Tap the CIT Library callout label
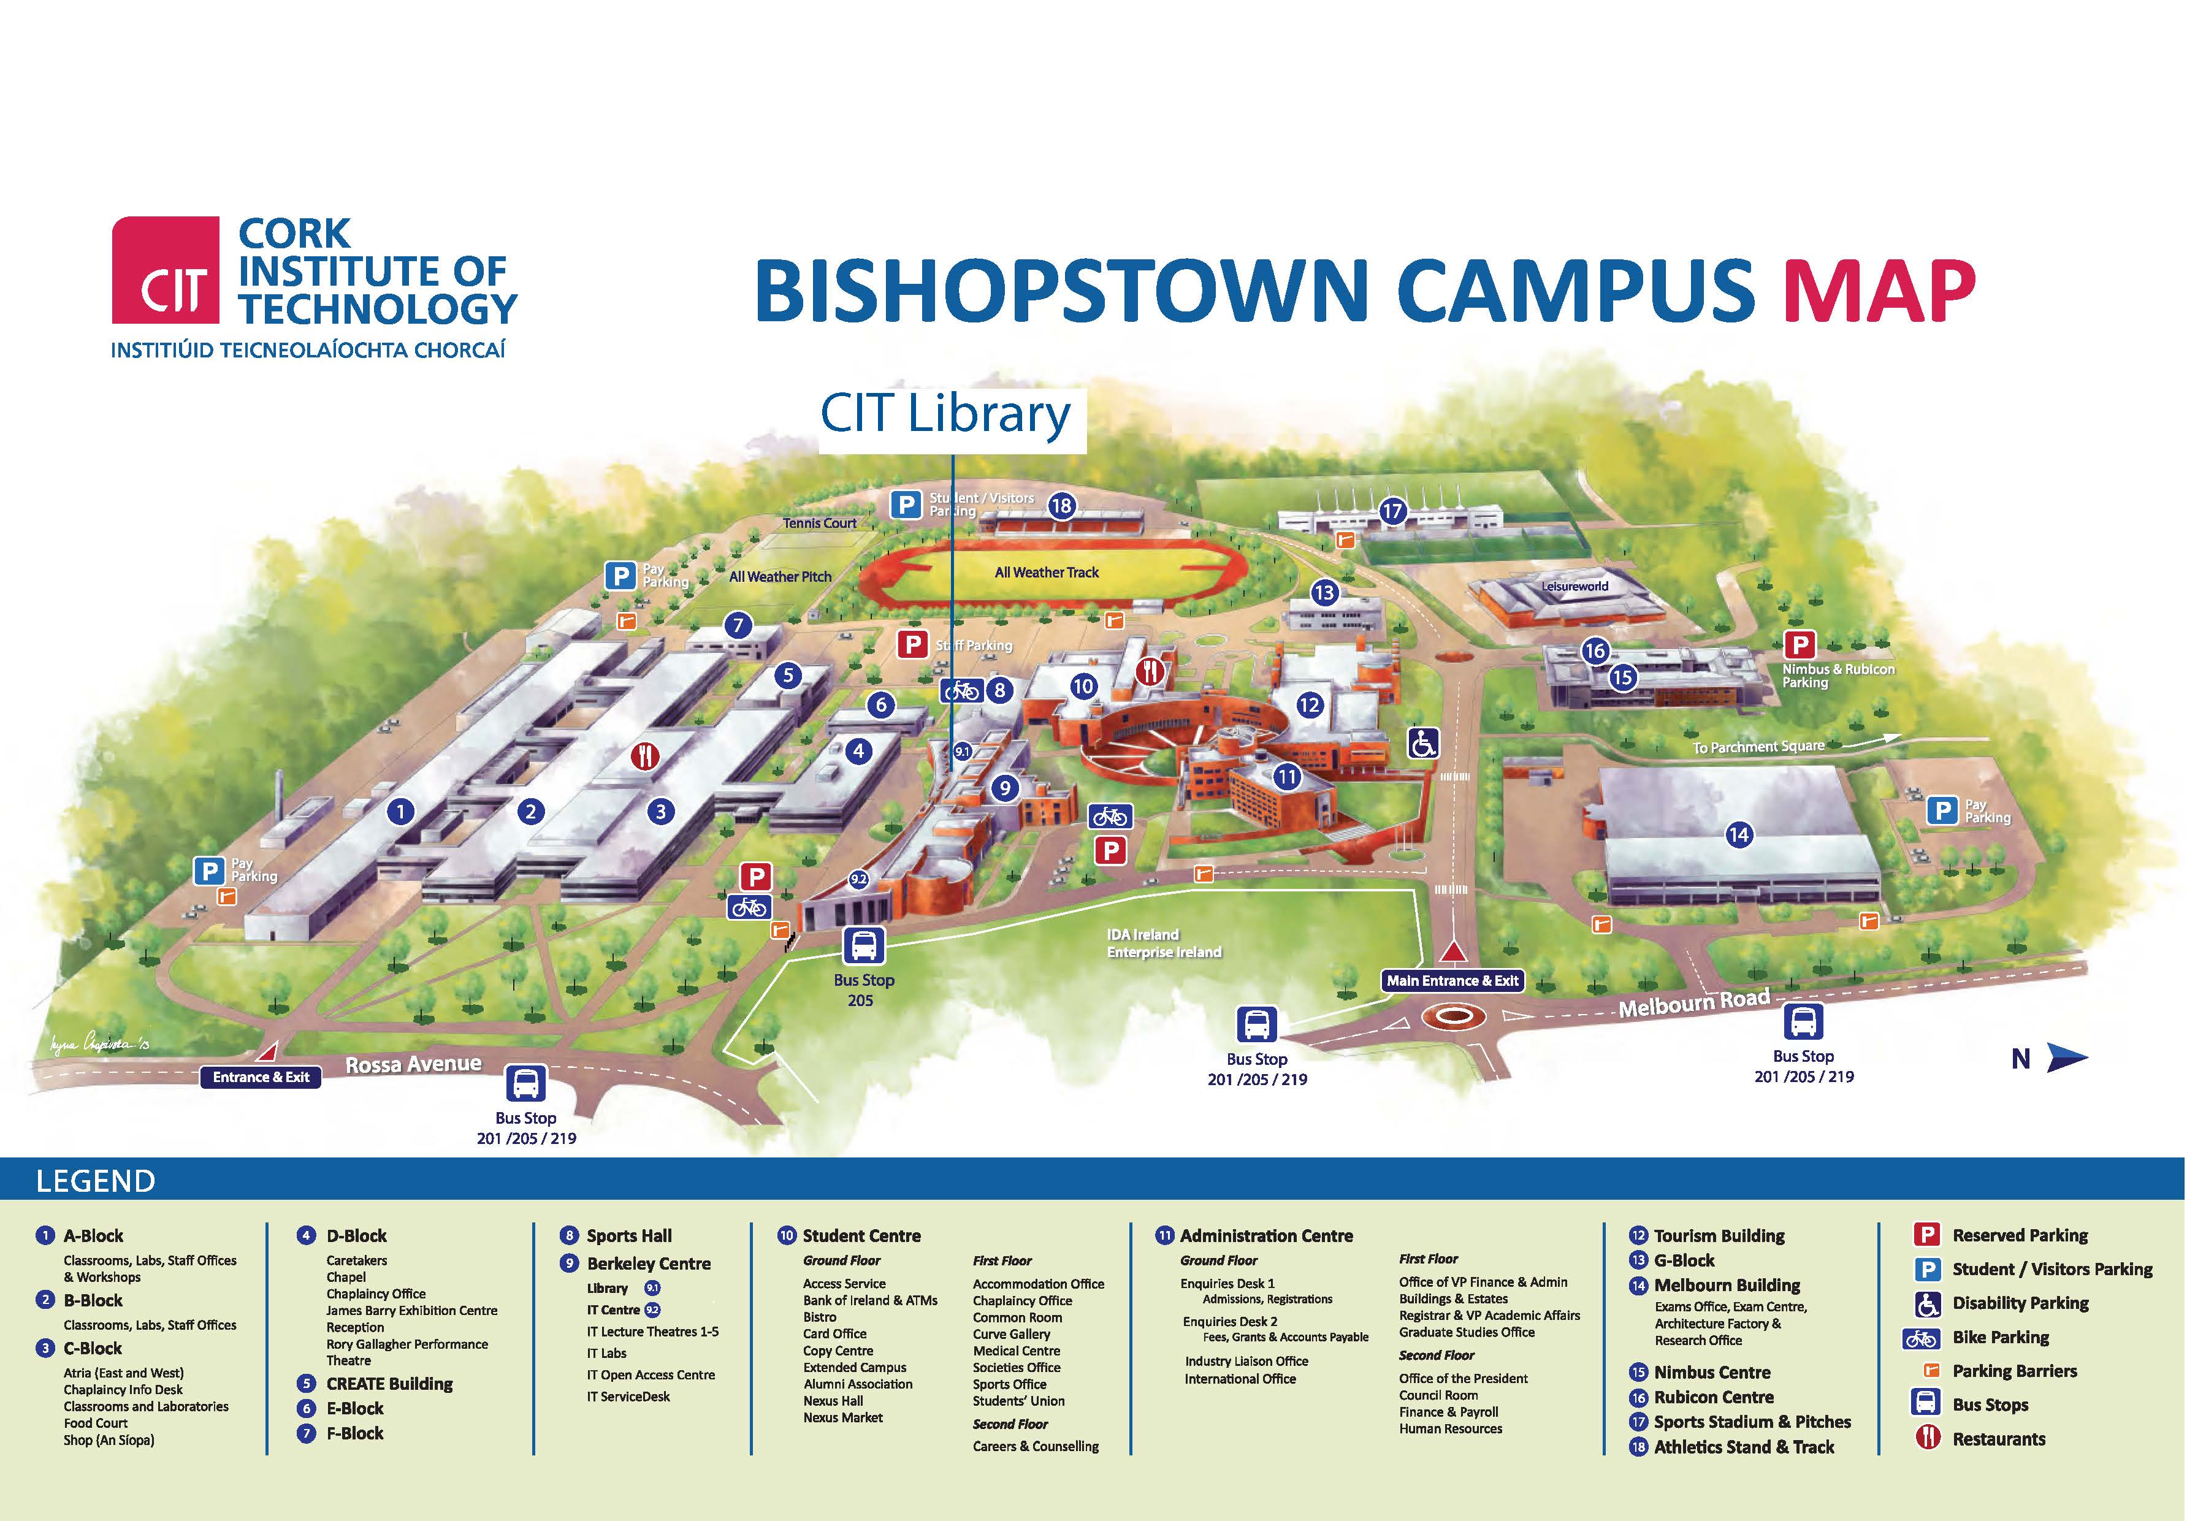[x=946, y=415]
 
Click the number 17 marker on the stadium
[x=1392, y=511]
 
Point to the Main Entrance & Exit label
[x=1452, y=981]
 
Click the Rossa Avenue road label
[x=413, y=1064]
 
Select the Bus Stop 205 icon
[x=863, y=947]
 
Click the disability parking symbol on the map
[x=1423, y=743]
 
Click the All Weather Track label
[x=1046, y=573]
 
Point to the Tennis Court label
[x=819, y=523]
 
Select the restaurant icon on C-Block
[x=646, y=757]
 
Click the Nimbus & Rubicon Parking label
[x=1838, y=675]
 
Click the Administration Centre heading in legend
[x=1266, y=1235]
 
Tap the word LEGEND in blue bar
[x=95, y=1181]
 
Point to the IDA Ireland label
[x=1142, y=934]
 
